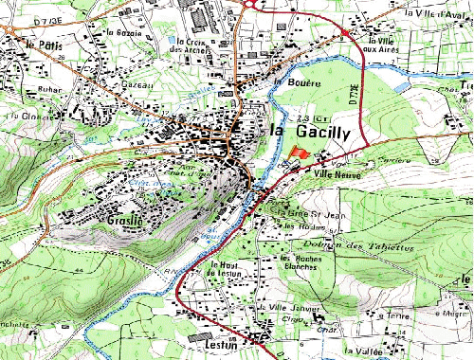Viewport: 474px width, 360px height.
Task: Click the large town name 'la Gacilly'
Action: pos(311,132)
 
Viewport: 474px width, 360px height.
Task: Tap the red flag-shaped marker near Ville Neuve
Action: pos(299,153)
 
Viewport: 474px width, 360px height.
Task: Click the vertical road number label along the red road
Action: pos(352,95)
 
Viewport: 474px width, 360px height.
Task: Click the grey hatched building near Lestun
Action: pos(199,337)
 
